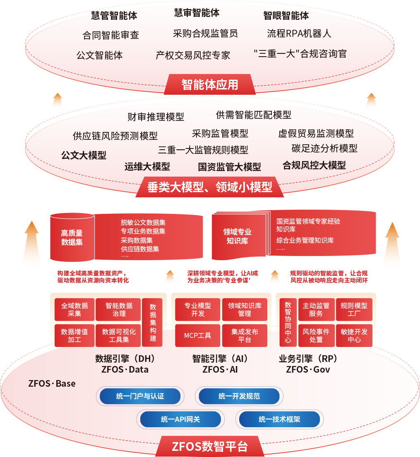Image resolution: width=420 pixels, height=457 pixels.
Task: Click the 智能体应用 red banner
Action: [210, 84]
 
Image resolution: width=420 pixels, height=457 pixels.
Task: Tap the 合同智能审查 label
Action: [110, 35]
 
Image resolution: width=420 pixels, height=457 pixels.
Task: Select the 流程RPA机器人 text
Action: [299, 33]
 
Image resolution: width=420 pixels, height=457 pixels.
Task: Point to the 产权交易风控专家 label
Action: [193, 55]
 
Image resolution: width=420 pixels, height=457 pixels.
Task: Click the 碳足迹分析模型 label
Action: [324, 148]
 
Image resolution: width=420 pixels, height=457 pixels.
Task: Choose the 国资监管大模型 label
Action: [229, 167]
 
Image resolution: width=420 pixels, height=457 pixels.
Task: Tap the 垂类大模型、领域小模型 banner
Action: [210, 187]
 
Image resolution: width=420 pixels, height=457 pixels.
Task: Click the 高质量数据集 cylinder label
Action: [72, 238]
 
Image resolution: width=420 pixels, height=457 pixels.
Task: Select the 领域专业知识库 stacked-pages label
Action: [237, 237]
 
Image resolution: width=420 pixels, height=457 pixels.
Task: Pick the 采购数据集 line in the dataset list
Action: [137, 240]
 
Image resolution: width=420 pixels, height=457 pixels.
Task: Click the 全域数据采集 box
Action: [74, 309]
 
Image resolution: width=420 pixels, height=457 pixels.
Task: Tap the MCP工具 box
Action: [197, 335]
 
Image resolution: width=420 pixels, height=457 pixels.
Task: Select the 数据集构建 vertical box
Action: [153, 323]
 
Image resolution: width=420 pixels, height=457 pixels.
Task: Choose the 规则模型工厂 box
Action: [354, 309]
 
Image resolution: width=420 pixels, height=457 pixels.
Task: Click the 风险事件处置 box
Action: [316, 335]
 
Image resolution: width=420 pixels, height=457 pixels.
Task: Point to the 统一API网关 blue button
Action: [180, 419]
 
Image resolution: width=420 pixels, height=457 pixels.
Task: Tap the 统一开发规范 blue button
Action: [239, 396]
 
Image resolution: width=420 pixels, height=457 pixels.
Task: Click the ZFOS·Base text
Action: [52, 383]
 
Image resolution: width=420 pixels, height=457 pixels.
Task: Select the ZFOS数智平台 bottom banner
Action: [210, 447]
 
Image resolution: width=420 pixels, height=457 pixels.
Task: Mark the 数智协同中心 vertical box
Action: [288, 323]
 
